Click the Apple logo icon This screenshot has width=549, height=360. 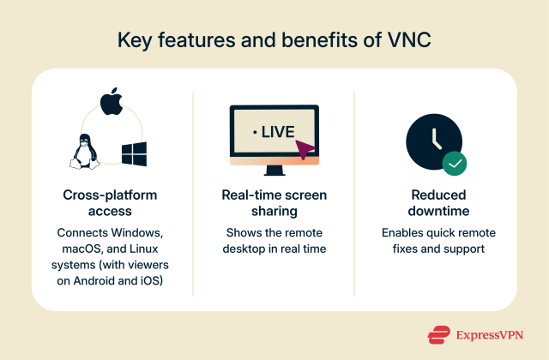[110, 102]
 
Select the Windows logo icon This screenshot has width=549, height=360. [134, 154]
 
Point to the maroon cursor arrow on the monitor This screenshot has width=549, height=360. [304, 151]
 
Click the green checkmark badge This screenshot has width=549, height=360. [454, 163]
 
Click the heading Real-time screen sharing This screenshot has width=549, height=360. [274, 201]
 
